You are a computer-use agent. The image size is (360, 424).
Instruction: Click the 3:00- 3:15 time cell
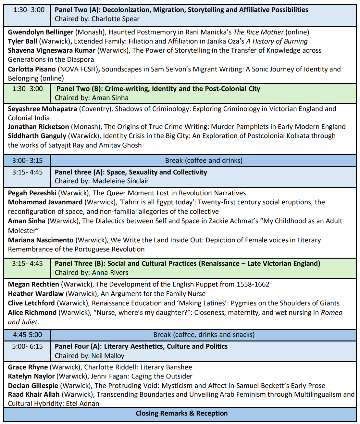point(27,161)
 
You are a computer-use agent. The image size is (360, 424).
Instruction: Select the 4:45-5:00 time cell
point(27,335)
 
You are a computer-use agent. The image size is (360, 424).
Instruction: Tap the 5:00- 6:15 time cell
point(27,346)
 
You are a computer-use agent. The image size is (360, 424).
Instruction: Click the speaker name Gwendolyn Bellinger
point(41,32)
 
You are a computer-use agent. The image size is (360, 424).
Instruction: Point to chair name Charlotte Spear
point(115,19)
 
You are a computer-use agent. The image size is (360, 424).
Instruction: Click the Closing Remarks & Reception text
point(181,413)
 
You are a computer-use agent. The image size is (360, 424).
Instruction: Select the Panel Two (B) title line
point(158,89)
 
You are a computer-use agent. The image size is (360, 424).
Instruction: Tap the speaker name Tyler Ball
point(22,41)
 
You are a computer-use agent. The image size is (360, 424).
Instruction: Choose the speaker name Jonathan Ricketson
point(38,127)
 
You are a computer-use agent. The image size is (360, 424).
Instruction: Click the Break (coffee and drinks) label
point(204,161)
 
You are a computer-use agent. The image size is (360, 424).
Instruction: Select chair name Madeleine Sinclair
point(120,181)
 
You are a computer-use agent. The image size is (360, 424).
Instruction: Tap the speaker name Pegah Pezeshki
point(32,193)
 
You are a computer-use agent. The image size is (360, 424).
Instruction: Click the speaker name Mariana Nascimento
point(41,240)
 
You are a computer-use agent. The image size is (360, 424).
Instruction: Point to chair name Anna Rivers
point(110,273)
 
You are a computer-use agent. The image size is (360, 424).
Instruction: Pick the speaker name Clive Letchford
point(31,303)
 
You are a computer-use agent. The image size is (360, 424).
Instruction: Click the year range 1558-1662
point(253,284)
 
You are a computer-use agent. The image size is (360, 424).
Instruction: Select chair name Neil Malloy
point(107,356)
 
